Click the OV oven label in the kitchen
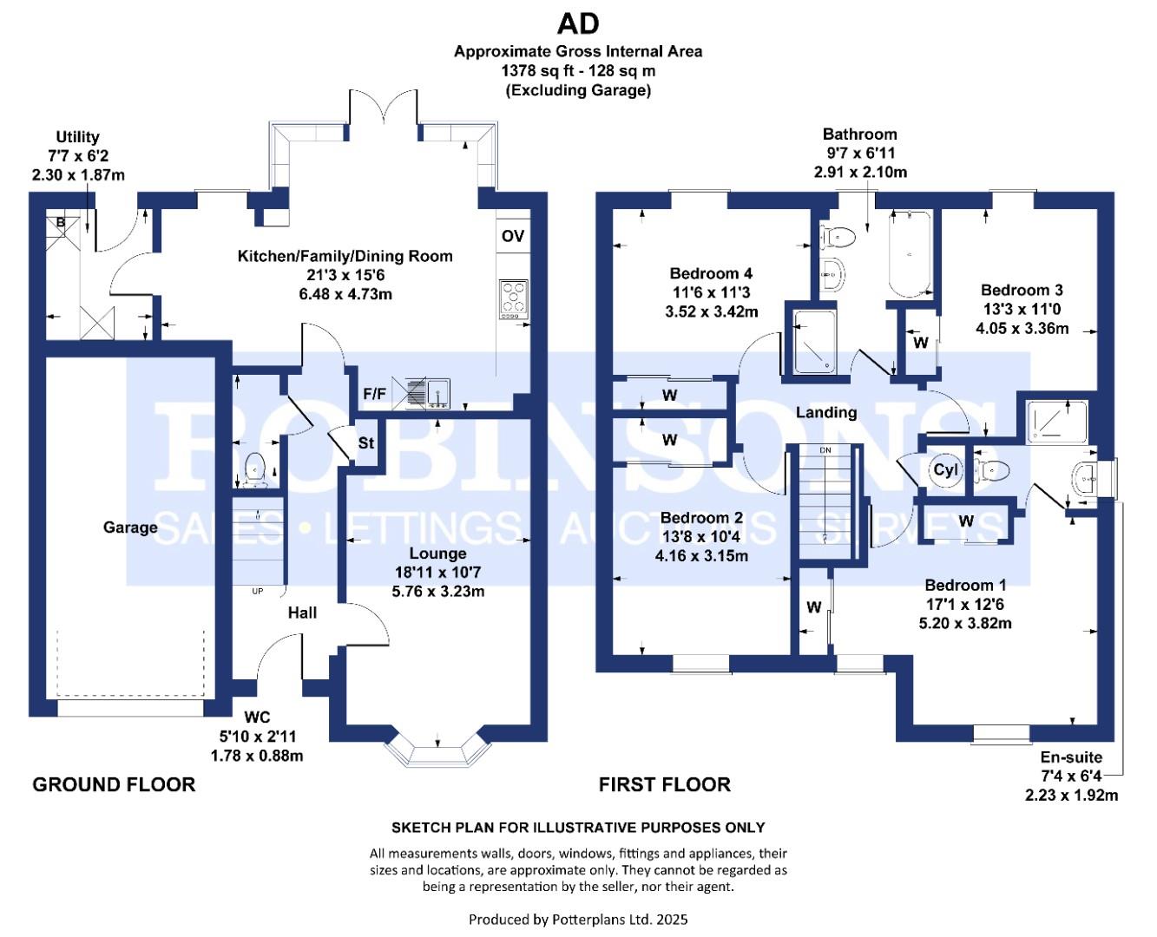click(512, 236)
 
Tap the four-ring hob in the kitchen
click(513, 299)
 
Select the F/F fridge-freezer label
click(374, 394)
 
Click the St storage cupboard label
click(366, 443)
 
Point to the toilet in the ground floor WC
click(254, 469)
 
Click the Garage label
click(130, 527)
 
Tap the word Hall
click(302, 613)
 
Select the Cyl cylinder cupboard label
click(945, 469)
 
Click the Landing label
click(826, 413)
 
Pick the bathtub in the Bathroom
click(910, 254)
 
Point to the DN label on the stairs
click(825, 450)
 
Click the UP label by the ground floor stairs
click(258, 591)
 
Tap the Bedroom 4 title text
click(711, 273)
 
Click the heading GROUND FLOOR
click(114, 784)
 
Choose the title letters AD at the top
click(578, 23)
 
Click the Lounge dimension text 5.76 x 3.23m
click(437, 591)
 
